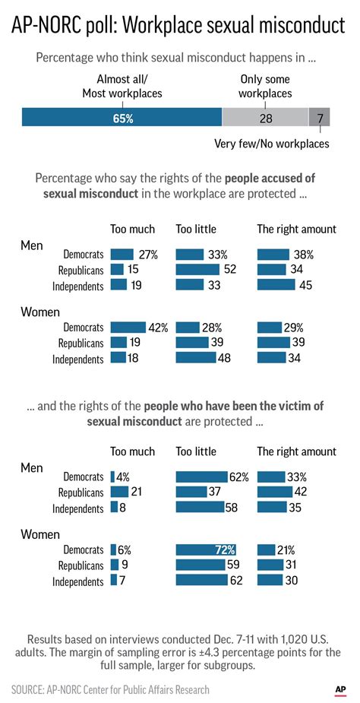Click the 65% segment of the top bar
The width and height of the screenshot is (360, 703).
(122, 118)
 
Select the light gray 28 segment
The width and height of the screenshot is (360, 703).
(265, 118)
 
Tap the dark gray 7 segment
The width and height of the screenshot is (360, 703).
(320, 118)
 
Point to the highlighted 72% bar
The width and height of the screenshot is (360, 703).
(206, 549)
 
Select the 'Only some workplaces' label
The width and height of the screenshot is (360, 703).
(265, 86)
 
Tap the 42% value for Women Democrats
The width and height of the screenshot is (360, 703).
(157, 327)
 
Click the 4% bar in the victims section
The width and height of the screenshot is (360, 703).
(112, 477)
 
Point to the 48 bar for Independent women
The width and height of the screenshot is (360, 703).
(202, 358)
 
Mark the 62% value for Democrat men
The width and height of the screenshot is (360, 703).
(239, 477)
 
